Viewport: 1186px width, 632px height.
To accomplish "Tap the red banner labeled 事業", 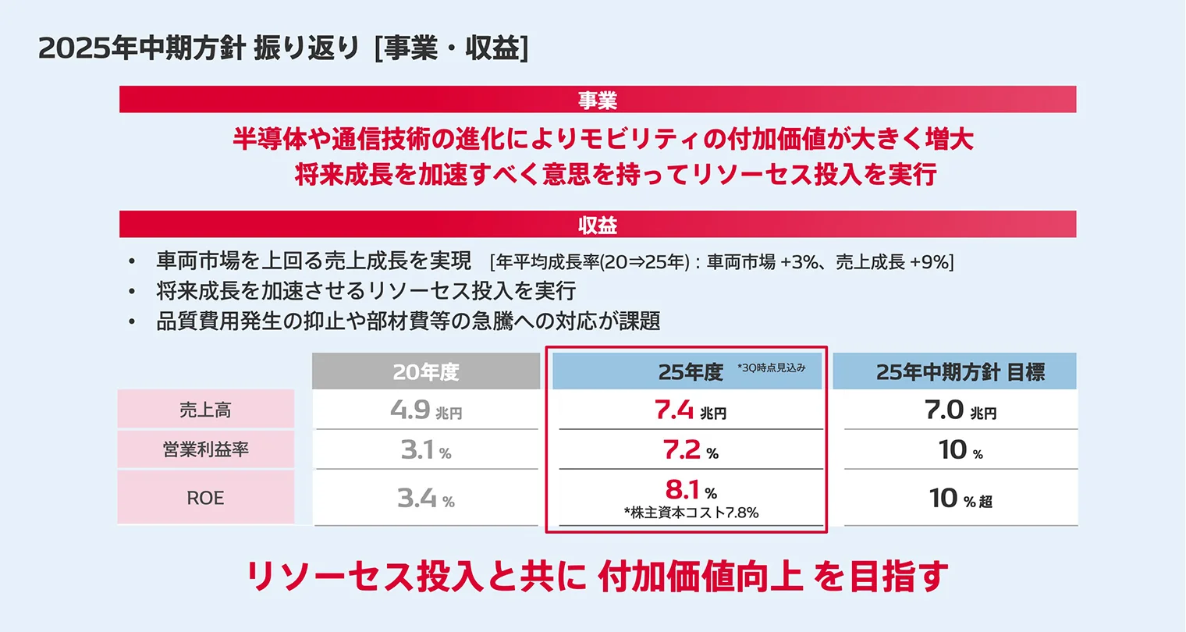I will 598,100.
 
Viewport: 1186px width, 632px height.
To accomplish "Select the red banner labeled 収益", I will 598,225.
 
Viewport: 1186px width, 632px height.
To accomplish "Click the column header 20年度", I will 426,372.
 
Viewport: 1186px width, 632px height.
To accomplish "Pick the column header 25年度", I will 690,372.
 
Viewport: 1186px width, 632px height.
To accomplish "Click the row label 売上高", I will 205,410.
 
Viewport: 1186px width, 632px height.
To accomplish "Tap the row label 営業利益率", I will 205,449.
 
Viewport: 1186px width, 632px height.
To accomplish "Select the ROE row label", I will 205,498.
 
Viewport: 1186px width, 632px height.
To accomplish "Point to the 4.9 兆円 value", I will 426,410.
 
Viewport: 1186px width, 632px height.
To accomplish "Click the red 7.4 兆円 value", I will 690,410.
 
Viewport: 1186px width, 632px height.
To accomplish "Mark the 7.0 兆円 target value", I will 960,410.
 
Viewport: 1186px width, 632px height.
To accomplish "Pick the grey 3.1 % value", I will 426,450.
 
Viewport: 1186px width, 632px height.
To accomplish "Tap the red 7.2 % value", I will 690,450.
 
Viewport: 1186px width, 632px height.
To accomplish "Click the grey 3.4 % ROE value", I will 426,498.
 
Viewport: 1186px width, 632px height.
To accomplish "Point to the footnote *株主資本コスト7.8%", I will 691,513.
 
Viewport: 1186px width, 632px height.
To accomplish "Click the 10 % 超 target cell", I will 960,498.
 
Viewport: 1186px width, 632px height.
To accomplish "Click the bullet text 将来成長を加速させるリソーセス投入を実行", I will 366,291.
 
